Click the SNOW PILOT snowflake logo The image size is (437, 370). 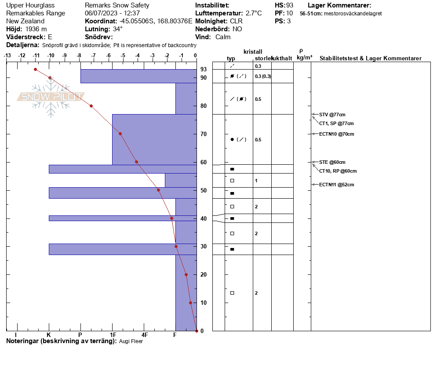coord(51,96)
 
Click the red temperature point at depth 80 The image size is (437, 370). coord(91,106)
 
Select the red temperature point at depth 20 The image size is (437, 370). coord(186,275)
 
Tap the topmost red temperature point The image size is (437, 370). coord(36,70)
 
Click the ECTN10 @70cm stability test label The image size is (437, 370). coord(336,134)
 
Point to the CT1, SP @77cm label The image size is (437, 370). coord(336,123)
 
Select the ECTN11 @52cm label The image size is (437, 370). coord(336,185)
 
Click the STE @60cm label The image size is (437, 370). coord(332,162)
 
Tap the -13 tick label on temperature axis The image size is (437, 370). coord(7,55)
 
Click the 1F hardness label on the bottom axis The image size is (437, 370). coord(113,335)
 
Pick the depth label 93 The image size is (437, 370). coord(204,69)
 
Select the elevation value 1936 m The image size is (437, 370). coord(36,29)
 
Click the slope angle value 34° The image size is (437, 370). coord(118,29)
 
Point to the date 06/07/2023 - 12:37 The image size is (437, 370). coord(112,13)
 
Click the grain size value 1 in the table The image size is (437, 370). coord(256,181)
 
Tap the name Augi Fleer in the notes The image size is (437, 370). coord(131,341)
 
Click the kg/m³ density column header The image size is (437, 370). coord(304,58)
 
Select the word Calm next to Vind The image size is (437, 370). coord(223,37)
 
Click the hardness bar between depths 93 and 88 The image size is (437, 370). coord(139,76)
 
